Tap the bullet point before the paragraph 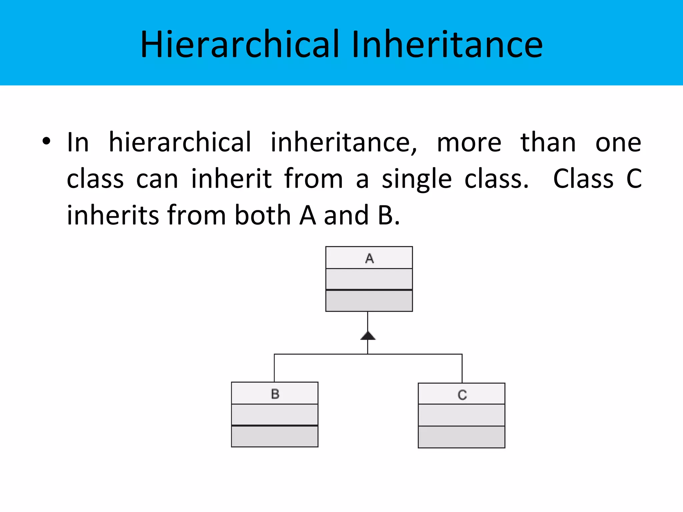(46, 141)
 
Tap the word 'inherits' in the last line (112, 215)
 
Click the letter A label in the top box (369, 258)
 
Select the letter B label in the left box (275, 394)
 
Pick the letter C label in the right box (462, 395)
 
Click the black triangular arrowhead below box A (368, 336)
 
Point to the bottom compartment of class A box (369, 301)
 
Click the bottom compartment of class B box (274, 436)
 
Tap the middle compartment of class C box (462, 415)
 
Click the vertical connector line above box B (274, 368)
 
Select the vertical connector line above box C (462, 368)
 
